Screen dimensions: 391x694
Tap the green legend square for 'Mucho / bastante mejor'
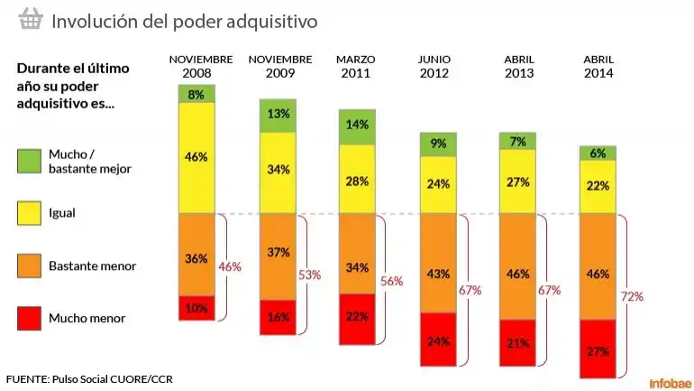(x=29, y=161)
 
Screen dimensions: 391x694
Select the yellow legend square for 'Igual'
(x=29, y=213)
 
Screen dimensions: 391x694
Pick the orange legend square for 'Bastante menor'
(x=29, y=265)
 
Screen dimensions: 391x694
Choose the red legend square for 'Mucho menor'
(x=29, y=318)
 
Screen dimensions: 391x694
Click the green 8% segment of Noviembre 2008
(x=196, y=94)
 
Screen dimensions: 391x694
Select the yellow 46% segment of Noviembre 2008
(x=196, y=157)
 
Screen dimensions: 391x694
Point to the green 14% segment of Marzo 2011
(x=357, y=126)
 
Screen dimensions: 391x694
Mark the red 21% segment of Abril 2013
(x=517, y=343)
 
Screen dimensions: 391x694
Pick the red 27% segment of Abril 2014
(x=598, y=349)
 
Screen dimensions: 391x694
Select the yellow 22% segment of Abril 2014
(x=598, y=186)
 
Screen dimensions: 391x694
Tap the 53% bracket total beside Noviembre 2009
(x=310, y=275)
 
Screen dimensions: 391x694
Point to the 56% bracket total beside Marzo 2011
(x=391, y=281)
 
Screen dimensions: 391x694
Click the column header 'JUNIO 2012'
(x=434, y=66)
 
